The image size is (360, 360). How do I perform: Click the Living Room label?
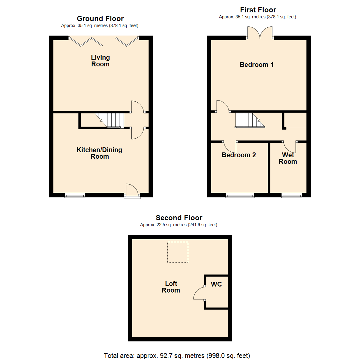[x=100, y=61]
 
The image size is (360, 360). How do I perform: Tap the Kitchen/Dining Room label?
[x=99, y=153]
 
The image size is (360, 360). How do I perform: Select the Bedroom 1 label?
[x=257, y=65]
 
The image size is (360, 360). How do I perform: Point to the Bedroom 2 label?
[x=239, y=155]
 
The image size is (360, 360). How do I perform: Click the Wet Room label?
[x=288, y=158]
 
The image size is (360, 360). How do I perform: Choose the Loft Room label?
[x=171, y=287]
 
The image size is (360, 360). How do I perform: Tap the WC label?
[x=216, y=285]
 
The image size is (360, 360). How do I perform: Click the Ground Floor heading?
[x=100, y=19]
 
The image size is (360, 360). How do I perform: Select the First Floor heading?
[x=258, y=10]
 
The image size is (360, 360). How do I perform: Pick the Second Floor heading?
[x=179, y=218]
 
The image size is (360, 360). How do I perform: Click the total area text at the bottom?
[x=177, y=355]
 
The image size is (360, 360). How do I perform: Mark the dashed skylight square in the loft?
[x=178, y=252]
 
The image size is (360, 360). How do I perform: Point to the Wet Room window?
[x=292, y=196]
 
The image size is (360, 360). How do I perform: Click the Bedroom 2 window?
[x=240, y=196]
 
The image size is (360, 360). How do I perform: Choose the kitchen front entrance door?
[x=132, y=191]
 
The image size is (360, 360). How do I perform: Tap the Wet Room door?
[x=290, y=146]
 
